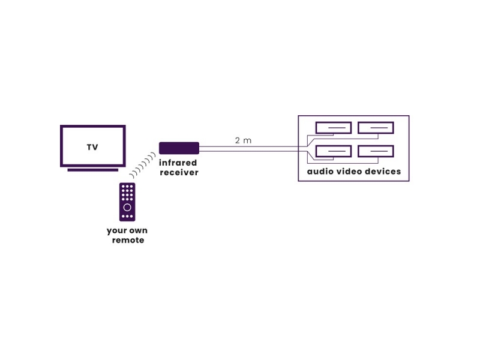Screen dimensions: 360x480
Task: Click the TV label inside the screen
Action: (x=92, y=147)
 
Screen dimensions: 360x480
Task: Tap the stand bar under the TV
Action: (x=92, y=170)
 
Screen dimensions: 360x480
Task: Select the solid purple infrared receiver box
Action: (x=179, y=148)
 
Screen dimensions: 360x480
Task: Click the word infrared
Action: (x=178, y=163)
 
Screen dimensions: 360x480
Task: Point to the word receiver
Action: (x=178, y=172)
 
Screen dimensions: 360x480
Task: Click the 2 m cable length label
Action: (x=243, y=140)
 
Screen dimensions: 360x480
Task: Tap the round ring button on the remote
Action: (x=127, y=207)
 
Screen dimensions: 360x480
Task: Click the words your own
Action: (x=127, y=230)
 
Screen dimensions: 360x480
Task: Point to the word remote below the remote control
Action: (x=128, y=240)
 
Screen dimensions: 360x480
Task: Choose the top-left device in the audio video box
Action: (x=333, y=128)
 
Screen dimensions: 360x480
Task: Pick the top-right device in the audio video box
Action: (x=376, y=128)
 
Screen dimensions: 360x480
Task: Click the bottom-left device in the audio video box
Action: (x=333, y=151)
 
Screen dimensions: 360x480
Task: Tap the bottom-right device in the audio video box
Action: (x=376, y=151)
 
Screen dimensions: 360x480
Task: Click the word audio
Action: (x=320, y=172)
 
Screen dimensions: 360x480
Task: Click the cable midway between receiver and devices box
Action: (x=248, y=148)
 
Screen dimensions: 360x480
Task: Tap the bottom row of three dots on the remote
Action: (x=127, y=216)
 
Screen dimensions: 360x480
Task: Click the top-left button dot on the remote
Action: (x=123, y=187)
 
